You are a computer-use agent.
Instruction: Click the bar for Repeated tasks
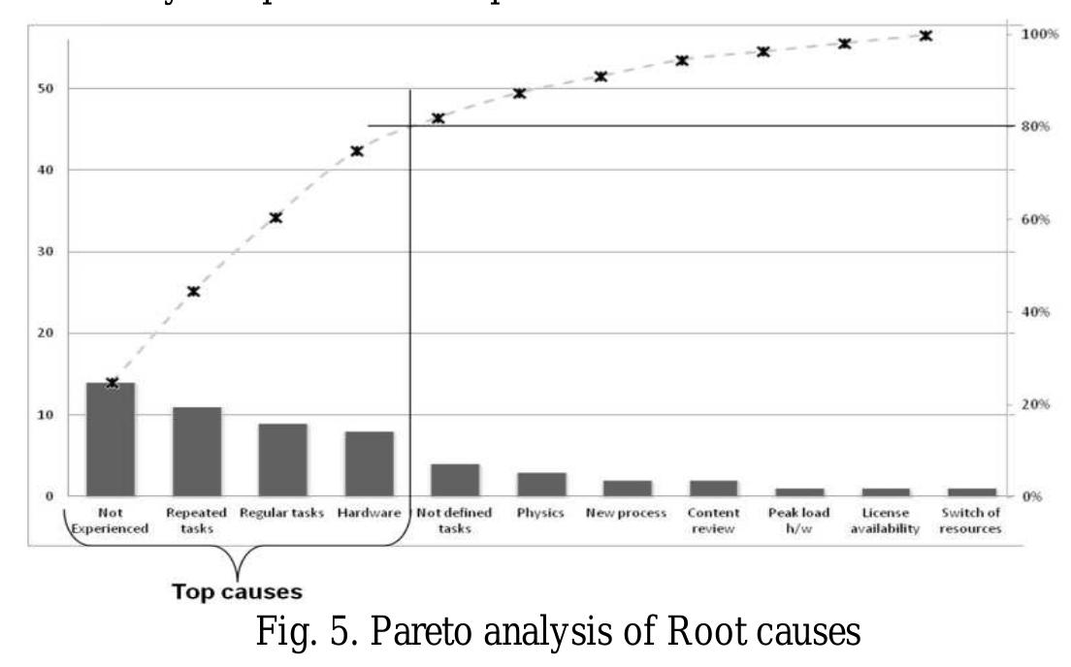197,452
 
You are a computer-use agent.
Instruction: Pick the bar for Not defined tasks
455,480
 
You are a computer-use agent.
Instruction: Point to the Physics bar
540,484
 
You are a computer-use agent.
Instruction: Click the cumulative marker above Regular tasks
276,218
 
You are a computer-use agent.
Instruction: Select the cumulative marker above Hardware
357,151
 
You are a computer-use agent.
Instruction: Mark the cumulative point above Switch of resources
925,36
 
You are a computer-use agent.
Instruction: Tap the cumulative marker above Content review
682,60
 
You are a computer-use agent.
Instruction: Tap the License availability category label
884,519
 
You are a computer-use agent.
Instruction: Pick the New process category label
626,512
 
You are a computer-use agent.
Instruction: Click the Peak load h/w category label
796,519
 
